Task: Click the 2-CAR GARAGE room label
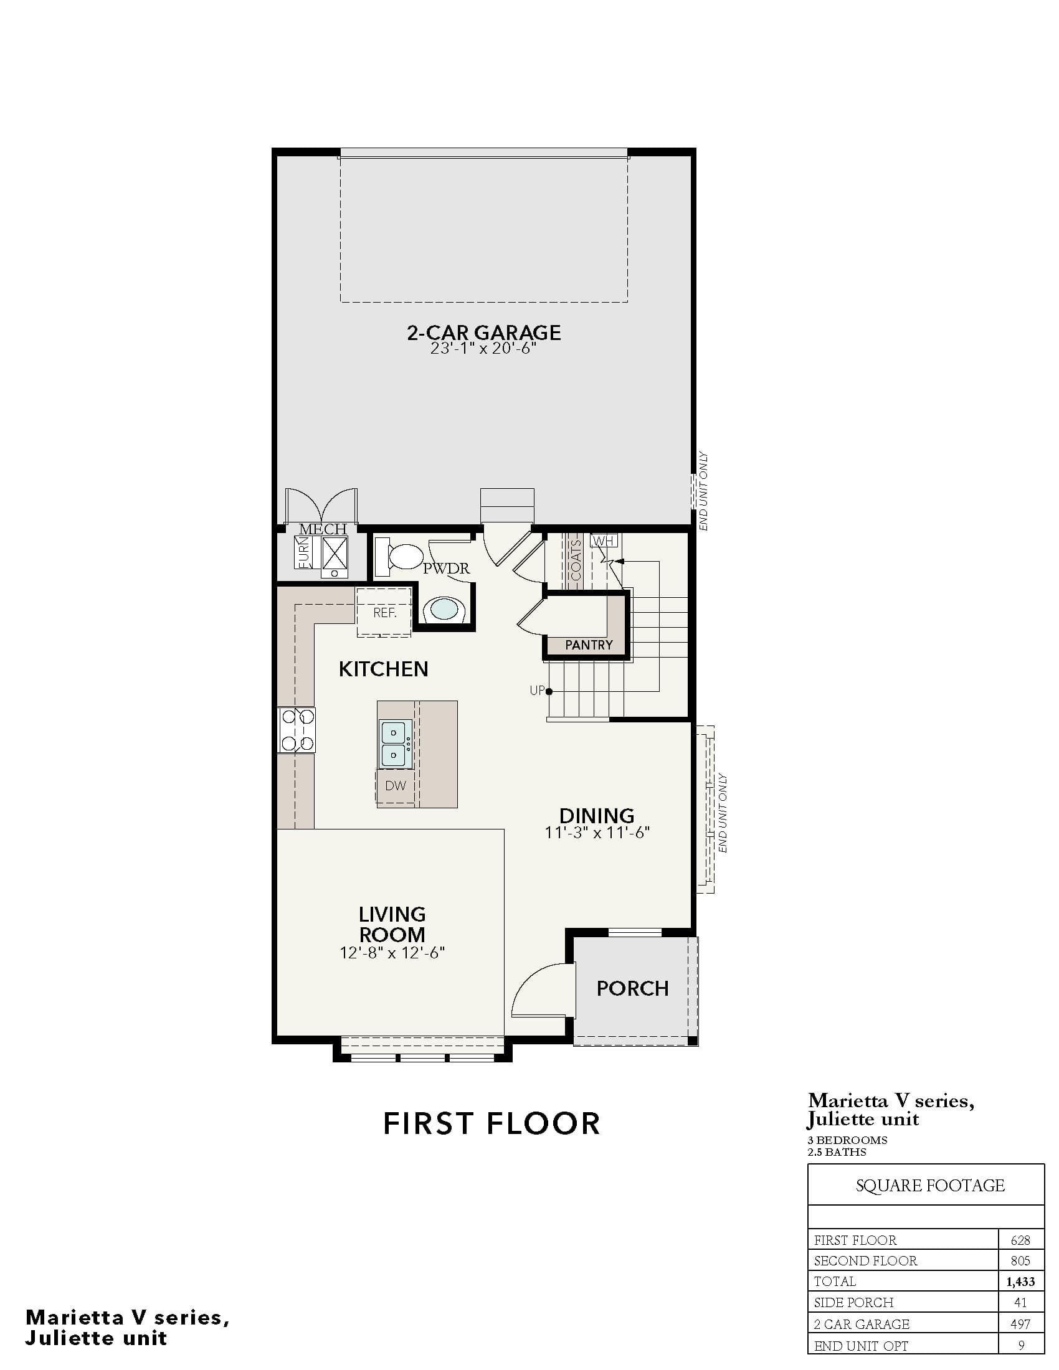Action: point(483,332)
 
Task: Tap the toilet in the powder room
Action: point(399,556)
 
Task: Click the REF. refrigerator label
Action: point(384,613)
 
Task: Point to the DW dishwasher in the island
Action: point(395,785)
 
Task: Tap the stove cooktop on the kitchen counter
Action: point(297,730)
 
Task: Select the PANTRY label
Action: point(589,645)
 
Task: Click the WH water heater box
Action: point(604,540)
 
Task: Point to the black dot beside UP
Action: point(549,691)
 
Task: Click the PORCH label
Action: point(632,989)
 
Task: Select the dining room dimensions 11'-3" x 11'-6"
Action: point(597,833)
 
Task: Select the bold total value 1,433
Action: point(1021,1282)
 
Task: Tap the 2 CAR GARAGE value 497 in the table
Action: point(1021,1324)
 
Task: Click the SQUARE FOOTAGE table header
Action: point(930,1186)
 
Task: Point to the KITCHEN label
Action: point(383,669)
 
